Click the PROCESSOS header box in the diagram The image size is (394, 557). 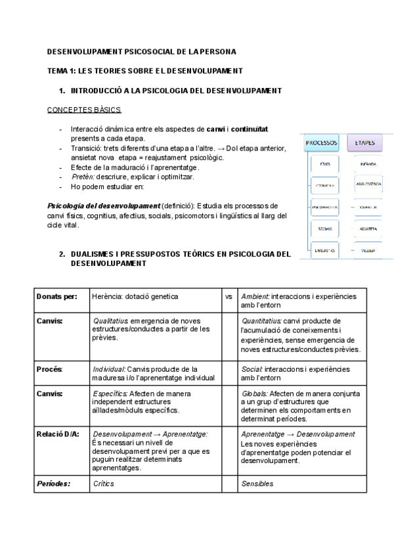pyautogui.click(x=321, y=142)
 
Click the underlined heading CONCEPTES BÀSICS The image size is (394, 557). pyautogui.click(x=84, y=110)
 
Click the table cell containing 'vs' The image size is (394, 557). pyautogui.click(x=229, y=296)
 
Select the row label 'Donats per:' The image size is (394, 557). pyautogui.click(x=57, y=296)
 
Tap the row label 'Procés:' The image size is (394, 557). pyautogui.click(x=50, y=369)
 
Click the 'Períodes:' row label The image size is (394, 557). pyautogui.click(x=53, y=483)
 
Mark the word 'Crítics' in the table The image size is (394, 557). pyautogui.click(x=104, y=483)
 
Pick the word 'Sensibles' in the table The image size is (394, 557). pyautogui.click(x=257, y=483)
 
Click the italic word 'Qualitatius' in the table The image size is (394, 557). pyautogui.click(x=110, y=321)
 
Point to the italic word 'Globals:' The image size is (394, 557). pyautogui.click(x=255, y=393)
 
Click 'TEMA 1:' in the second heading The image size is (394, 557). pyautogui.click(x=62, y=70)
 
